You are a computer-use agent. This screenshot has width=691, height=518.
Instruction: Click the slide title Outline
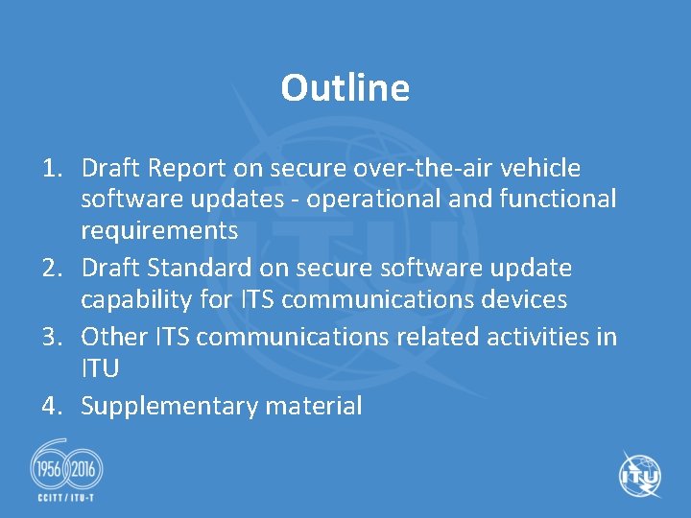tap(345, 88)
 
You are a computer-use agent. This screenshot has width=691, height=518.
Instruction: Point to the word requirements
tap(159, 230)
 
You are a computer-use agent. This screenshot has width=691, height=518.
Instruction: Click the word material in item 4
tap(314, 407)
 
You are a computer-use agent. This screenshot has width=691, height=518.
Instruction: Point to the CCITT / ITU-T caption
tap(66, 500)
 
